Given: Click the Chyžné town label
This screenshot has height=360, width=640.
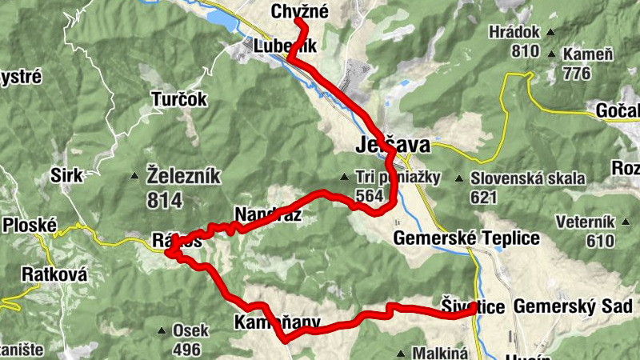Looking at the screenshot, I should pyautogui.click(x=300, y=11).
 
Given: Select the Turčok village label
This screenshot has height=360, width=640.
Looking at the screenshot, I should pyautogui.click(x=179, y=100).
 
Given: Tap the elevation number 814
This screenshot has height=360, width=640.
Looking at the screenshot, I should pyautogui.click(x=165, y=199).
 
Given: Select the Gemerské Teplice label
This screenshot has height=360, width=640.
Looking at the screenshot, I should pyautogui.click(x=466, y=238).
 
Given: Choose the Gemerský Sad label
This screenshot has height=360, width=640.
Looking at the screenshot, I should pyautogui.click(x=573, y=306).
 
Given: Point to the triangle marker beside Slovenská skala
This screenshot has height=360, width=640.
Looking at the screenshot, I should pyautogui.click(x=459, y=178).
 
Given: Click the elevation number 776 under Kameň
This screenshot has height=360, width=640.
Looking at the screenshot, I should pyautogui.click(x=576, y=74).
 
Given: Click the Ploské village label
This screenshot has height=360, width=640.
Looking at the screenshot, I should pyautogui.click(x=28, y=225).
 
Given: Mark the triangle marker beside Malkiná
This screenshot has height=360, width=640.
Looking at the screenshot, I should pyautogui.click(x=401, y=353).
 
